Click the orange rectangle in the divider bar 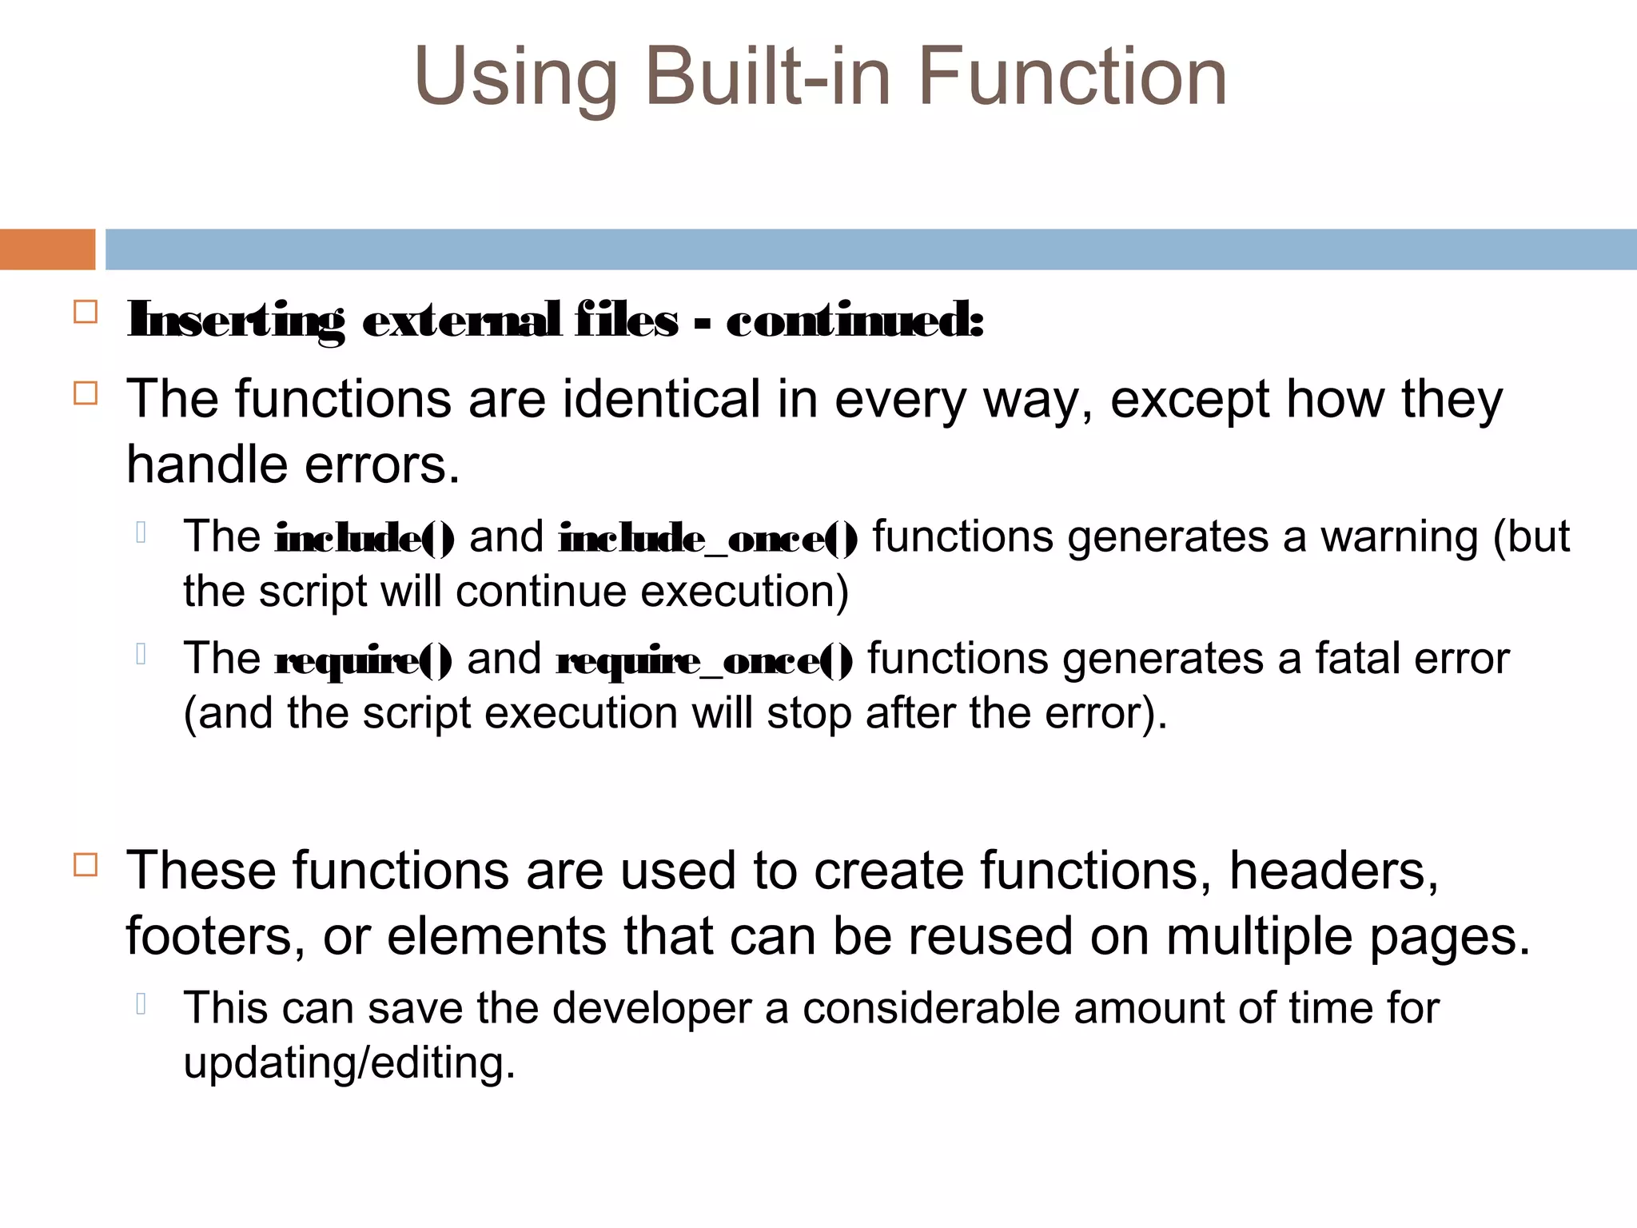47,249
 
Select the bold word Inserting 236,321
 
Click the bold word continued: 854,321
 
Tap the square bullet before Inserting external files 86,312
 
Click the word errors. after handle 383,465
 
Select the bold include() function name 364,538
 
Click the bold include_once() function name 708,538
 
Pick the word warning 1399,536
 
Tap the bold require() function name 363,660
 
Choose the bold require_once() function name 704,660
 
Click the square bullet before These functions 86,865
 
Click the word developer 651,1007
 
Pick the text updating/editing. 349,1063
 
